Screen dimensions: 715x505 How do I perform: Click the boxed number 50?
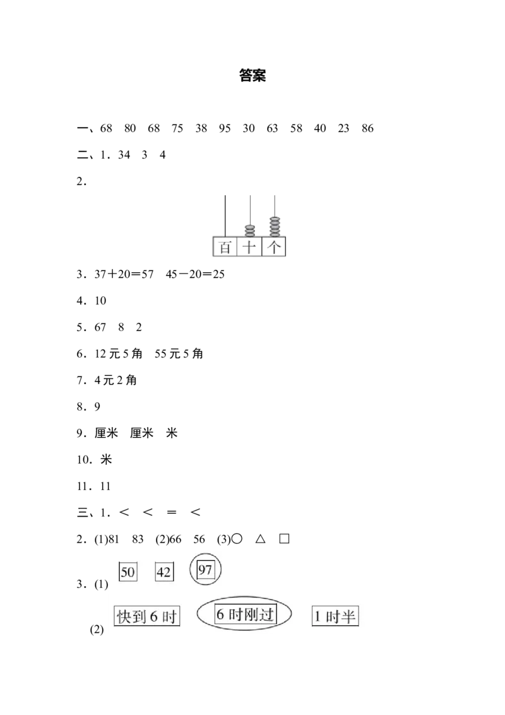(128, 572)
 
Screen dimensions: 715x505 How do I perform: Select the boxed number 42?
(164, 572)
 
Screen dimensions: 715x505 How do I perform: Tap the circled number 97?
(205, 570)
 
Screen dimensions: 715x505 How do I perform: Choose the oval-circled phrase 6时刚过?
(245, 614)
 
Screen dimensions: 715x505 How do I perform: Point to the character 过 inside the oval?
(267, 614)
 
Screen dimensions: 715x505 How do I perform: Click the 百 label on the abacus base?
(225, 246)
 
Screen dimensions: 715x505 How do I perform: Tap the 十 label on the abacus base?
(250, 246)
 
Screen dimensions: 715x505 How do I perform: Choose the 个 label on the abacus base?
(275, 246)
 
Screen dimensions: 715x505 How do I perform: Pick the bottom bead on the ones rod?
(275, 234)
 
